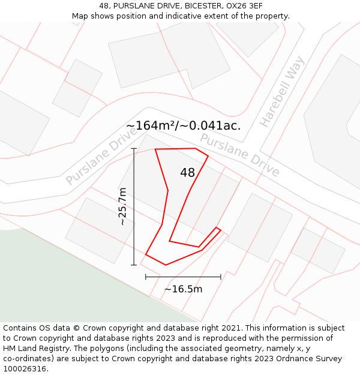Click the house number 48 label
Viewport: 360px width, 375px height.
(x=187, y=173)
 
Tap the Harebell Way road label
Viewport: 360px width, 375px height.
(x=282, y=92)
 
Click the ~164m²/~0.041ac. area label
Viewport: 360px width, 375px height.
(x=183, y=125)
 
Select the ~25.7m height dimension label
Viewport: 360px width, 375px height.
(x=122, y=206)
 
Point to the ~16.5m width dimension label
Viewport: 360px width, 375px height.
(x=183, y=289)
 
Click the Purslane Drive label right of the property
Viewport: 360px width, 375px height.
(x=239, y=155)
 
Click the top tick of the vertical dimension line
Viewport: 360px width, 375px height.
(x=134, y=148)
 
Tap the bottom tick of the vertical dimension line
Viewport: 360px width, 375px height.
(x=134, y=265)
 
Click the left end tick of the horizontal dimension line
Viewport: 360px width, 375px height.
(x=146, y=277)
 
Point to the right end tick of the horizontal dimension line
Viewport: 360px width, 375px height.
(x=221, y=277)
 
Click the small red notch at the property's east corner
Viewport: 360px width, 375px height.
(x=218, y=230)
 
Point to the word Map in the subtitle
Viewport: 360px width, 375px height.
(x=80, y=16)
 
